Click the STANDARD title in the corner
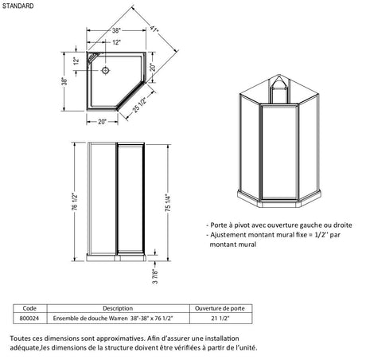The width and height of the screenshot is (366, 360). coord(18,6)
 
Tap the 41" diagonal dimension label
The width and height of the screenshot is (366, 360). coord(154,29)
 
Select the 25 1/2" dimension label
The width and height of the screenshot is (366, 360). coord(139,105)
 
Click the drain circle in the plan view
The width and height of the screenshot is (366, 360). coord(106,70)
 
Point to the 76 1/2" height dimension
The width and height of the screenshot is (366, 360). coord(75,201)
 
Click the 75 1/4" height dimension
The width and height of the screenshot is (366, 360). coord(168,203)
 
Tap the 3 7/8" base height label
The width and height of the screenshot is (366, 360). coord(155,276)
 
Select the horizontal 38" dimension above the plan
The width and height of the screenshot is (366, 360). coord(116,30)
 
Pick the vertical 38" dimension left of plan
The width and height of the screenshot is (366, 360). coord(64,81)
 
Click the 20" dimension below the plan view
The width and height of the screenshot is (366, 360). coord(102,122)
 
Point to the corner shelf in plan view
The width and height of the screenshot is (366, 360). coord(92,57)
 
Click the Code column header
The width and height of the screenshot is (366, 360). coord(29,308)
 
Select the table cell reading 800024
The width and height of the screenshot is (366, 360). coord(29,318)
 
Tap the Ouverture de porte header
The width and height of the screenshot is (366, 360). coord(220,308)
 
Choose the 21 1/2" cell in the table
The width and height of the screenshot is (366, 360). coord(220,318)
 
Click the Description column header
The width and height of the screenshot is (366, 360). coord(118,308)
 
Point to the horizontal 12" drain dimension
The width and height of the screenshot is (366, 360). coord(116,42)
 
